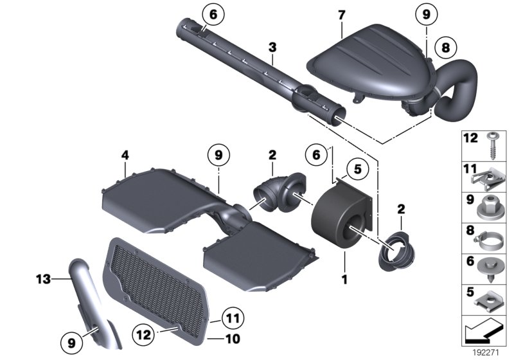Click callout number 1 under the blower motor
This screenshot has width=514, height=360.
[x=344, y=280]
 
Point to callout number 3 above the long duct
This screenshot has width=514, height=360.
[x=272, y=48]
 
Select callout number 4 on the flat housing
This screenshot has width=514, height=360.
[x=125, y=155]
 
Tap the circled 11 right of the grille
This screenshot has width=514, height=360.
[x=234, y=317]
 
